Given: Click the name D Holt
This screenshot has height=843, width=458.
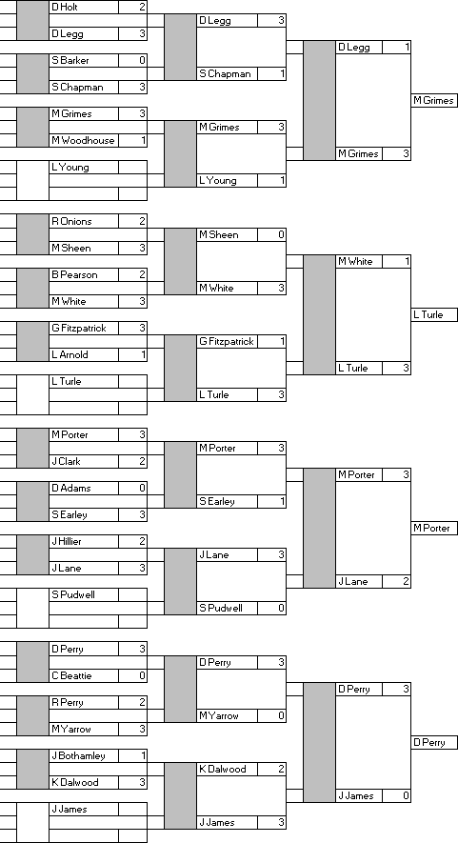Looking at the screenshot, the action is pos(65,7).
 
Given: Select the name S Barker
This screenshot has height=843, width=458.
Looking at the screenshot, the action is pos(70,60).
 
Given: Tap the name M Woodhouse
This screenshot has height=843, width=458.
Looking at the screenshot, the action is pos(83,140).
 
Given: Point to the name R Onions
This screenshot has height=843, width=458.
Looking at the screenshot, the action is pos(71,221).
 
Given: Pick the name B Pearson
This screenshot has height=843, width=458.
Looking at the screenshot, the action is pos(74,274).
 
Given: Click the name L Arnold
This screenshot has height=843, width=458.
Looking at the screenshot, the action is pos(70,355).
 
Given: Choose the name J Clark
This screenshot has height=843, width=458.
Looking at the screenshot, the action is pos(66,461).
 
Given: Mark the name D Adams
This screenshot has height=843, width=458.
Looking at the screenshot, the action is pos(71,488).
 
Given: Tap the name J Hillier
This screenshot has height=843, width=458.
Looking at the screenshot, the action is pos(67,541).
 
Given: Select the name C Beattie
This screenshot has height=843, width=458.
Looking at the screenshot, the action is pos(71,675).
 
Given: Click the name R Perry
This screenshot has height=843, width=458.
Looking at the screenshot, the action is pos(68,702).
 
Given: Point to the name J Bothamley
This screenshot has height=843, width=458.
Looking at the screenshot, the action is pos(78,756).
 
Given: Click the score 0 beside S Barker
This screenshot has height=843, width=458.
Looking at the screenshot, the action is pos(142,60).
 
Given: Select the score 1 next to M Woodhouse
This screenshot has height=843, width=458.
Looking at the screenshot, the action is pos(143,140).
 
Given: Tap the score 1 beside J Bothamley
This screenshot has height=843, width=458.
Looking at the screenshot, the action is pos(143,756).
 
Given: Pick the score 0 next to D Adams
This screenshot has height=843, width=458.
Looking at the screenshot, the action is pos(142,488).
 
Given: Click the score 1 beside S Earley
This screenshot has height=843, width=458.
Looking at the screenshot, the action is pos(282,502).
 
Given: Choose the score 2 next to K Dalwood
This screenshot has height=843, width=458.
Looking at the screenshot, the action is pos(281,770).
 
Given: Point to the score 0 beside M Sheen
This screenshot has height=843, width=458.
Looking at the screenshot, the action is pos(281,234).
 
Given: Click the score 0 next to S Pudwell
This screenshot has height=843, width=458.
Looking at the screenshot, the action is pos(281,608).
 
